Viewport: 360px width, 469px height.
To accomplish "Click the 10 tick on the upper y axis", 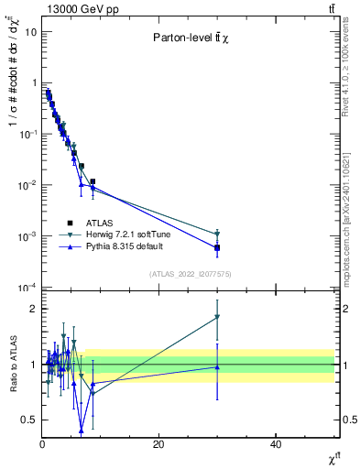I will click(x=30, y=31).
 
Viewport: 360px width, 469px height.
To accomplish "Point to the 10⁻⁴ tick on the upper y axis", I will click(x=27, y=288).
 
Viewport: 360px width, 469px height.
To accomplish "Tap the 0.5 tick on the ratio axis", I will click(x=28, y=420).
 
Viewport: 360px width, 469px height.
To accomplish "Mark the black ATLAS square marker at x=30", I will click(x=217, y=247).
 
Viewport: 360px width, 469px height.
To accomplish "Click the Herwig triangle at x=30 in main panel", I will click(x=217, y=234).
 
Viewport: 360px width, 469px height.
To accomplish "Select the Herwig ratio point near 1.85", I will click(x=217, y=317).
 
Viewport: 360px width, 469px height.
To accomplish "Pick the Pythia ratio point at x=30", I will click(x=217, y=367).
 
